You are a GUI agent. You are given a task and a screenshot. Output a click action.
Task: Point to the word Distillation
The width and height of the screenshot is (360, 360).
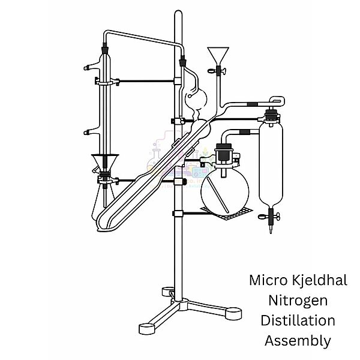pos(298,320)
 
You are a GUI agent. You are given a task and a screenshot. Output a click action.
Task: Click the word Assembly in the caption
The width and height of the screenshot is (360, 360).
pos(298,341)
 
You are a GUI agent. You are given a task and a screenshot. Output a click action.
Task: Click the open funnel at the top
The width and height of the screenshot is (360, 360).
pos(218,55)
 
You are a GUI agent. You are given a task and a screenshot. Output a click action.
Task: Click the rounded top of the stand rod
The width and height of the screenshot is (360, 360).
pos(178,14)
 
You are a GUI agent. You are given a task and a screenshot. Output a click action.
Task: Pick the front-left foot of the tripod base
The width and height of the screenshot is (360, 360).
pos(147,328)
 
